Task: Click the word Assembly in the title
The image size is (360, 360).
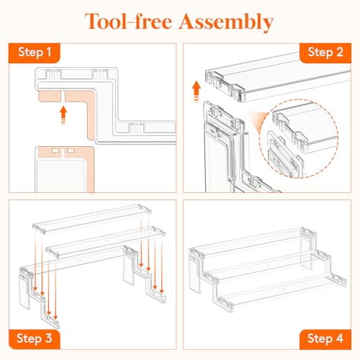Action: pos(226,22)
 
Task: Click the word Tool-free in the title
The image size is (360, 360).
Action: pos(128,21)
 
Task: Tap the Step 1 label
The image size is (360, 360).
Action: pos(35,53)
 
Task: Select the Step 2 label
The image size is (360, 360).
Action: pos(325,53)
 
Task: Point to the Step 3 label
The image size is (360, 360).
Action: pos(35,338)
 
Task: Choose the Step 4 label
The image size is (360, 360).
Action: pos(325,338)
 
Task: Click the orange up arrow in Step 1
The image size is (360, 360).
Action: pos(63,115)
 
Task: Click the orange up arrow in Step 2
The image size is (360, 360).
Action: pos(197,91)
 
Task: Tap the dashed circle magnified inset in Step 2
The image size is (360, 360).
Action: pos(299,138)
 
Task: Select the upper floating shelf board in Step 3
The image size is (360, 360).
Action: pos(92,219)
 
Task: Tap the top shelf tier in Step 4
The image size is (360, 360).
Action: pos(252,243)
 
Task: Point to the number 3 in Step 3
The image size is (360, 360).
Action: pos(48,338)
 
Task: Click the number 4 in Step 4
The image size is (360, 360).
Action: pos(339,338)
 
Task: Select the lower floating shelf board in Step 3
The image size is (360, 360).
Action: pos(106,243)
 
